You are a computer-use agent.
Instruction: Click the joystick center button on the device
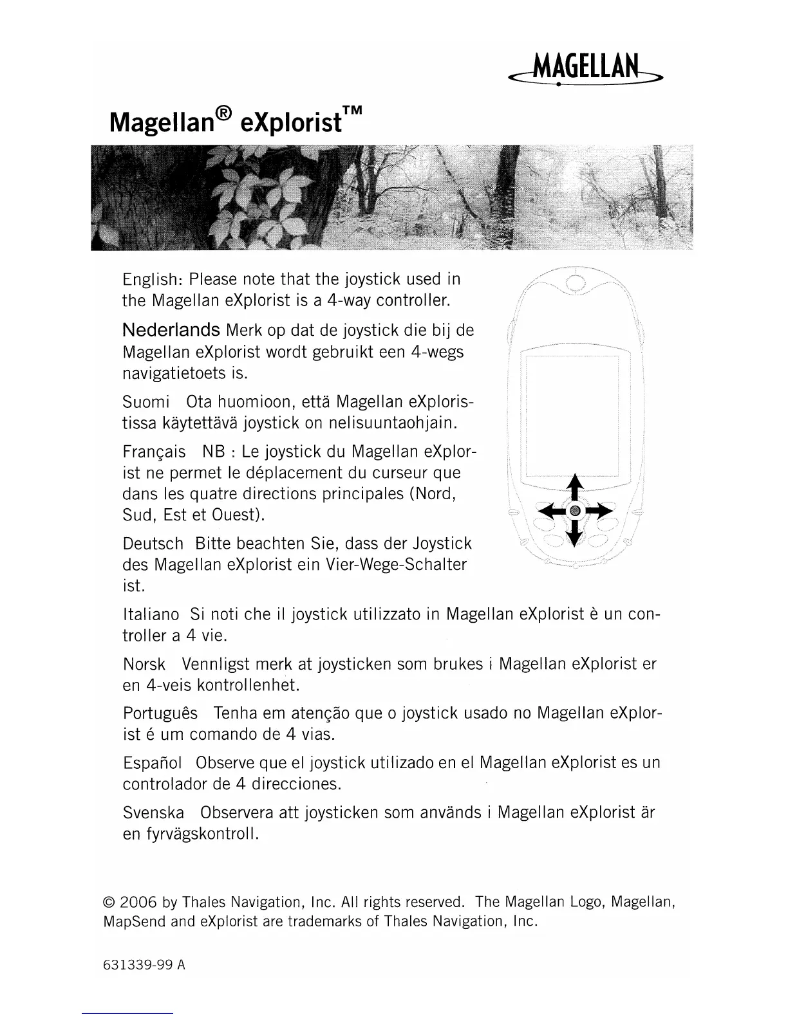(x=576, y=511)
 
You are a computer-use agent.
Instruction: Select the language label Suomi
(x=145, y=403)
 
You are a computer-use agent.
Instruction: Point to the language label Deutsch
(x=153, y=544)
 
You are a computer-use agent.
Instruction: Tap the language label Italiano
(x=151, y=614)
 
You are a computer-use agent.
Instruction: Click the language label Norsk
(x=144, y=664)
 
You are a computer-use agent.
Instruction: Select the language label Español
(x=152, y=763)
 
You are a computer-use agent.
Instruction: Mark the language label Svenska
(x=153, y=812)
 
